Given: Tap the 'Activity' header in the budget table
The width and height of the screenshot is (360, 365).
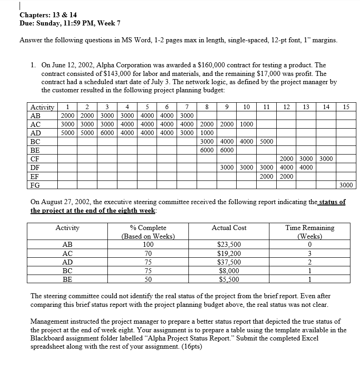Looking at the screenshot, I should tap(42, 107).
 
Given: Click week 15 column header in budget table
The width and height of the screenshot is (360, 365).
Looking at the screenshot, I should tap(346, 107).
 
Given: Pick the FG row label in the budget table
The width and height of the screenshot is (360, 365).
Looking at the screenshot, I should tap(35, 185).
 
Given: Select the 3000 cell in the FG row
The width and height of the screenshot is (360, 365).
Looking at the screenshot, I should tap(346, 185).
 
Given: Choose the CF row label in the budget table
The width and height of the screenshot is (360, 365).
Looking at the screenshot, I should tap(35, 159).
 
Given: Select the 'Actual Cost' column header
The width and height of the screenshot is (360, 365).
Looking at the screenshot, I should tap(229, 228).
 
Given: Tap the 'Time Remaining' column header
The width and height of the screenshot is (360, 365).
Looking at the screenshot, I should tap(309, 228).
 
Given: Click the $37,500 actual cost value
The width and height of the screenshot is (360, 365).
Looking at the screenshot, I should tap(229, 261).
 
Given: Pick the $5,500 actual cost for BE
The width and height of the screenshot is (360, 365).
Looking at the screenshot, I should tap(229, 279).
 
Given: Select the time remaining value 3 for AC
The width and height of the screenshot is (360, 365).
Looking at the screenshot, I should tap(309, 253).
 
